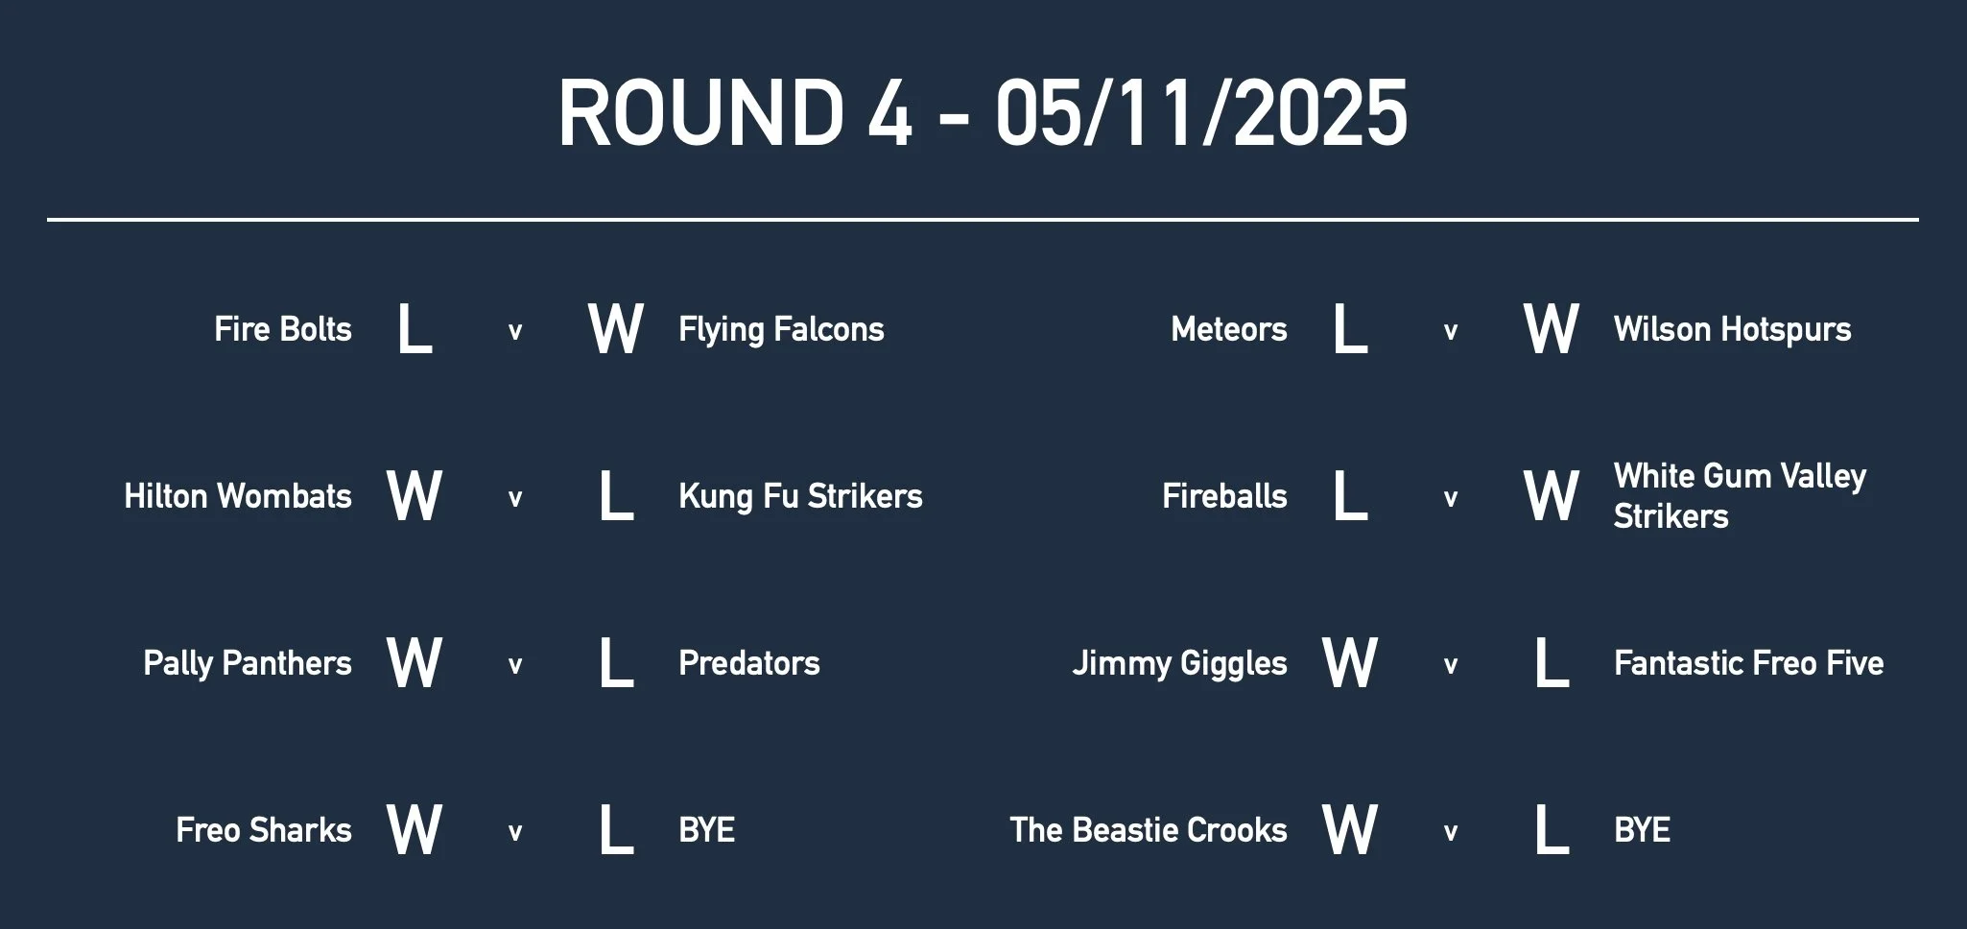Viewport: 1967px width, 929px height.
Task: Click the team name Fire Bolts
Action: click(x=283, y=329)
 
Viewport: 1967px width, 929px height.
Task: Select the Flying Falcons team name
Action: click(x=781, y=329)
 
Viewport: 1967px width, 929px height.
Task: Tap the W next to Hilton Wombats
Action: click(x=415, y=496)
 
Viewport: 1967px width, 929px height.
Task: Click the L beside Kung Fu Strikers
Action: click(x=616, y=496)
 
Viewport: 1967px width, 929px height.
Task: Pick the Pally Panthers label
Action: click(x=248, y=663)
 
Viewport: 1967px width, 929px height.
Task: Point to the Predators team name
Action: click(x=749, y=663)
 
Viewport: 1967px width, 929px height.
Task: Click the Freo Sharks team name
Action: click(x=264, y=830)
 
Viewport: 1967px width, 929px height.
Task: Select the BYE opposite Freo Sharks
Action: click(x=707, y=830)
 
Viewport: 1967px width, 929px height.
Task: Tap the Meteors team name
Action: click(x=1229, y=329)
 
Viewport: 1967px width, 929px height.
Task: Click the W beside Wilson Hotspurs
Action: click(x=1552, y=329)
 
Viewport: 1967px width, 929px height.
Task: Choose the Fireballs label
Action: click(x=1224, y=496)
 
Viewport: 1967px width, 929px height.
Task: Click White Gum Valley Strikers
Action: click(x=1739, y=496)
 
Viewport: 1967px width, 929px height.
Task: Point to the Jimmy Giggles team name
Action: click(x=1179, y=663)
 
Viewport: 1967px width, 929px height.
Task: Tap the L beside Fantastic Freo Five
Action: click(x=1552, y=663)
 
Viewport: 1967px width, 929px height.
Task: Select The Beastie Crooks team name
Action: click(x=1149, y=830)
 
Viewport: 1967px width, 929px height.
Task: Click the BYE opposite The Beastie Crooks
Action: click(x=1643, y=830)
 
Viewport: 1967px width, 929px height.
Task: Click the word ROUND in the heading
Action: click(x=699, y=113)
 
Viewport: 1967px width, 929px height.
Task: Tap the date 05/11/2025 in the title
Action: click(x=1200, y=113)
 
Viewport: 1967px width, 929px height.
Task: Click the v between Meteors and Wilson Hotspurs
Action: click(x=1451, y=332)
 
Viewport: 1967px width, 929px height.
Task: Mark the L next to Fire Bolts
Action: click(x=415, y=329)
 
